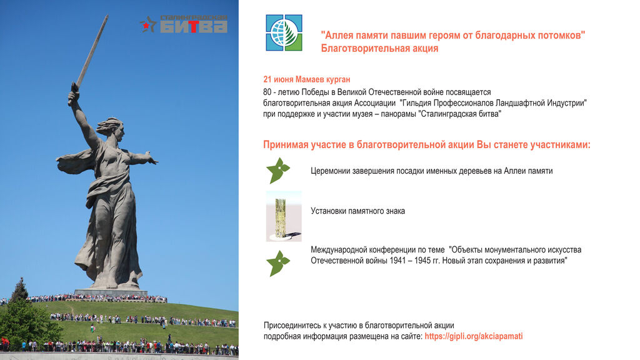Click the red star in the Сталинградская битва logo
pos(146,26)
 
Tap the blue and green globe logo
pos(284,32)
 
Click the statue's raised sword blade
pos(92,51)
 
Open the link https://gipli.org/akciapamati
pos(474,336)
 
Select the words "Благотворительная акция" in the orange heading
pos(379,48)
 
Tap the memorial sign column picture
pos(284,216)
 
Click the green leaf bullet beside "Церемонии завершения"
pos(278,170)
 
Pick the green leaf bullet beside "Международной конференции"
pos(278,263)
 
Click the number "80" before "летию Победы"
pos(267,92)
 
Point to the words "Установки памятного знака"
pos(358,211)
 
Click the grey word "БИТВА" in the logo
pos(194,26)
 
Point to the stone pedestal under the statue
pos(111,292)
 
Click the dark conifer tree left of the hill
pos(19,290)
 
